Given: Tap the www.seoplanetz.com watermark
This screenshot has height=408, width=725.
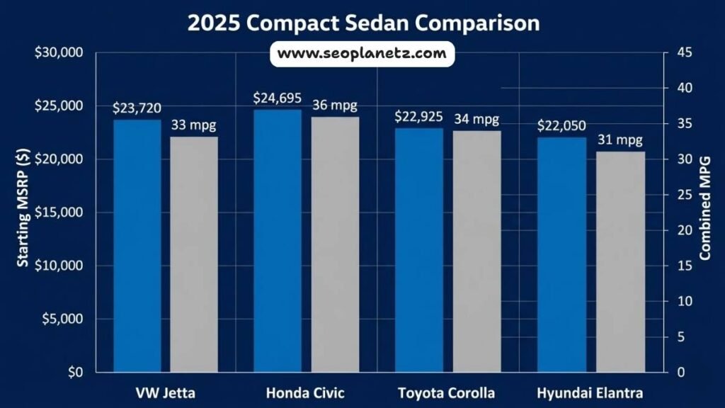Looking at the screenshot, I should (362, 53).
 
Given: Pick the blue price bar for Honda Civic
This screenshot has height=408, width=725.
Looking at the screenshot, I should (278, 241).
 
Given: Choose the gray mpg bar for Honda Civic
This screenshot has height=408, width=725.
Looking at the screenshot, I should (335, 244).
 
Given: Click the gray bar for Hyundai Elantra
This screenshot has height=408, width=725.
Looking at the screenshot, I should (620, 261).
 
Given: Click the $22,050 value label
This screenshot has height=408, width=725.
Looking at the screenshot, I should (561, 125).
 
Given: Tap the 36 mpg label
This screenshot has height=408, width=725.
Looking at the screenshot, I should (335, 106).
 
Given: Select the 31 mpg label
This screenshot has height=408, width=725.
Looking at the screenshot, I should (620, 140).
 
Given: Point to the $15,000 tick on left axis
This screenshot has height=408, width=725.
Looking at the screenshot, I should (59, 212).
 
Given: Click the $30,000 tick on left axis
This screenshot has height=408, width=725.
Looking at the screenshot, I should (59, 53).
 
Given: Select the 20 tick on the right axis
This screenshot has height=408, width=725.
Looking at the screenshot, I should (680, 230).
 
